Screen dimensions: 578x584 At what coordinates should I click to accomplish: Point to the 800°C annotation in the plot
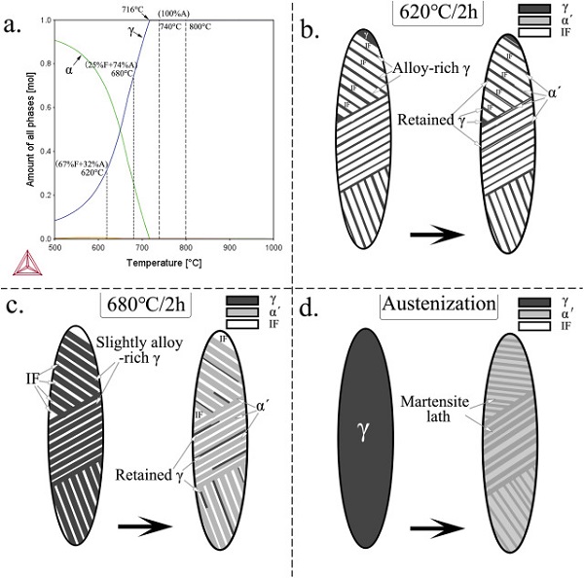pyautogui.click(x=201, y=25)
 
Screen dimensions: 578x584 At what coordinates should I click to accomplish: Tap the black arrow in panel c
pyautogui.click(x=139, y=531)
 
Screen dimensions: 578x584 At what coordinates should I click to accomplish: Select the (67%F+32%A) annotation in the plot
pyautogui.click(x=81, y=163)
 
